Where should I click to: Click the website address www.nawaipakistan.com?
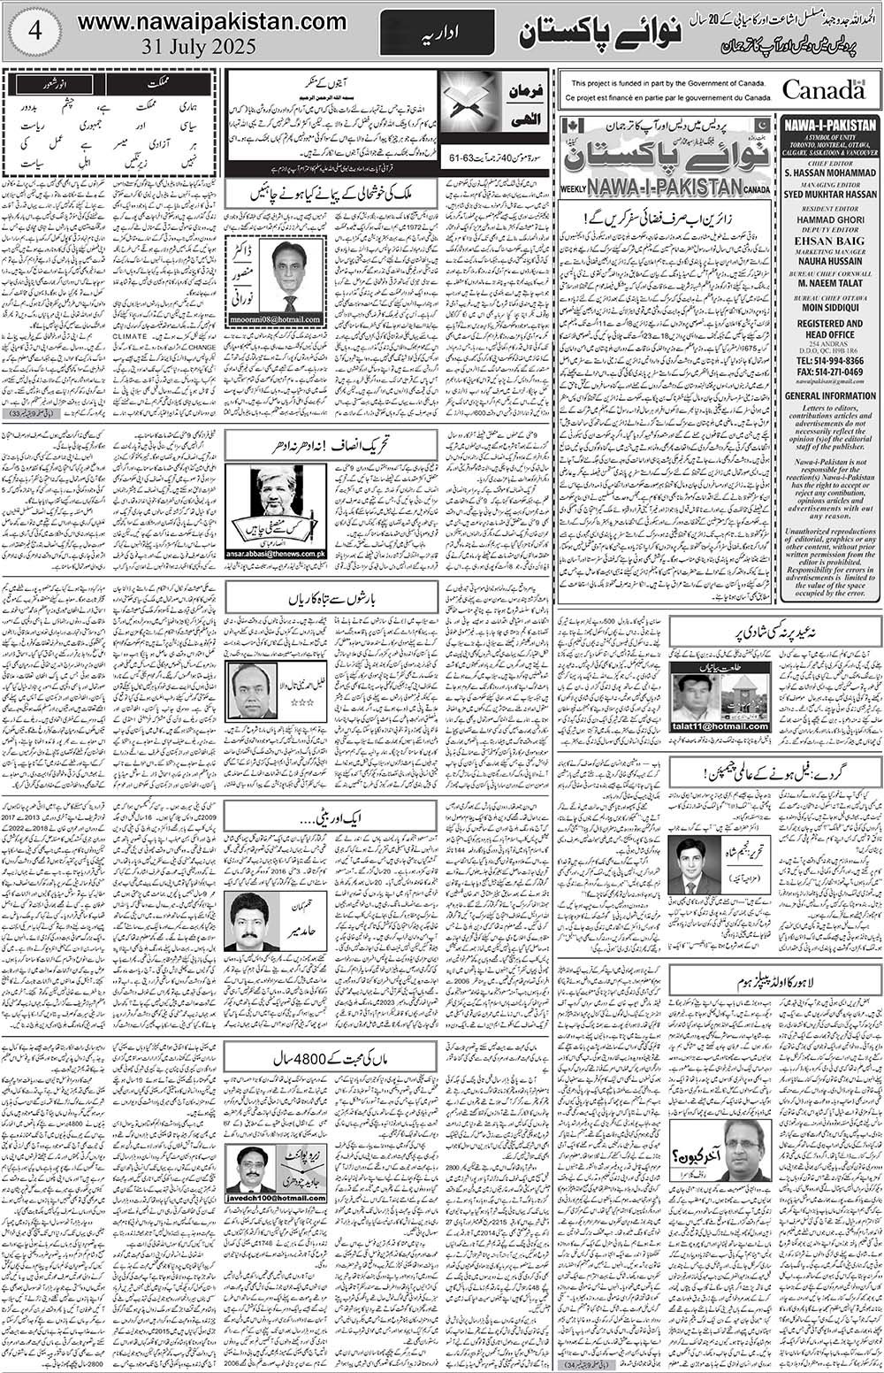pyautogui.click(x=212, y=21)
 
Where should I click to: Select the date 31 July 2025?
pyautogui.click(x=198, y=47)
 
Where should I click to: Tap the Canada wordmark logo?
pyautogui.click(x=823, y=90)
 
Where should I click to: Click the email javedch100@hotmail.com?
pyautogui.click(x=276, y=1198)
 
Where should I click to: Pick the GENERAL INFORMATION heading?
pyautogui.click(x=829, y=396)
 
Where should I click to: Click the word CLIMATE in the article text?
pyautogui.click(x=130, y=336)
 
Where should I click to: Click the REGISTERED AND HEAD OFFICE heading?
pyautogui.click(x=829, y=330)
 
